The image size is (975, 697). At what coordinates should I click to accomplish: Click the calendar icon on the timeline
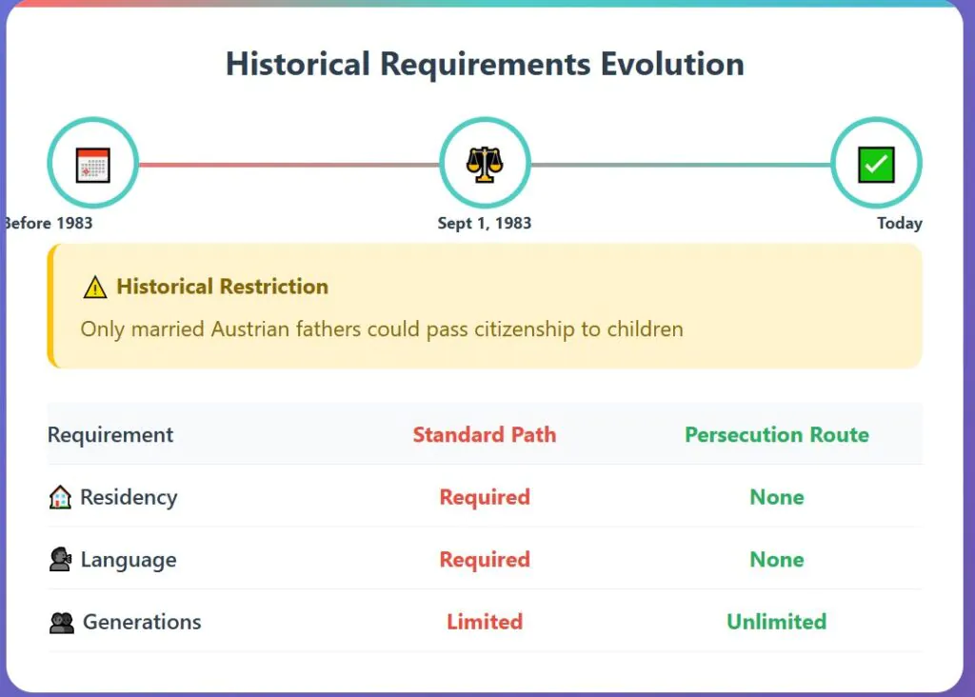coord(92,165)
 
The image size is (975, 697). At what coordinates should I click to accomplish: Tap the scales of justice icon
coord(485,164)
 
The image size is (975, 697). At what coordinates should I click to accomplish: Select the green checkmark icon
coord(876,165)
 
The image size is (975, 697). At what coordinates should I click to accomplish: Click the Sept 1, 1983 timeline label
coord(485,223)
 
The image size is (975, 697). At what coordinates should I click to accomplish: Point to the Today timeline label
coord(899,223)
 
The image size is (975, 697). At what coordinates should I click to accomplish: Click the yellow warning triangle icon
coord(95,288)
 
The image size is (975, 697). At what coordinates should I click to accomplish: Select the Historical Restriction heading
coord(222,286)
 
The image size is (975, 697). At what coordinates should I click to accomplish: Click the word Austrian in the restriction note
coord(250,329)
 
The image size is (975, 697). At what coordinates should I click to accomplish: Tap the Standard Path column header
coord(485,434)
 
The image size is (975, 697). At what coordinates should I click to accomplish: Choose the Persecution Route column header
coord(777,434)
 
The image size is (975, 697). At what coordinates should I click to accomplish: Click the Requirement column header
coord(110,434)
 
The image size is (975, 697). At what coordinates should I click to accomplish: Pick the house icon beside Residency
coord(60,497)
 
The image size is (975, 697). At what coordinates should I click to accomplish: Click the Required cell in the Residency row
coord(485,497)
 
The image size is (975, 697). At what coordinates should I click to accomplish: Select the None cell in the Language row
coord(777,559)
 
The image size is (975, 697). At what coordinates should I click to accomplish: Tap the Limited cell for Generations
coord(485,621)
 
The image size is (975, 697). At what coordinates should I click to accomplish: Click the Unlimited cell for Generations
coord(777,621)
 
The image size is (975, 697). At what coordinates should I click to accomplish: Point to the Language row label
coord(129,560)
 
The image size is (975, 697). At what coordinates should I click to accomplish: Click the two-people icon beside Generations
coord(62,622)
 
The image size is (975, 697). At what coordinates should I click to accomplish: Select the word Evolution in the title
coord(672,64)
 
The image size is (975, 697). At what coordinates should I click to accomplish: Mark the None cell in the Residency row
coord(777,497)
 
